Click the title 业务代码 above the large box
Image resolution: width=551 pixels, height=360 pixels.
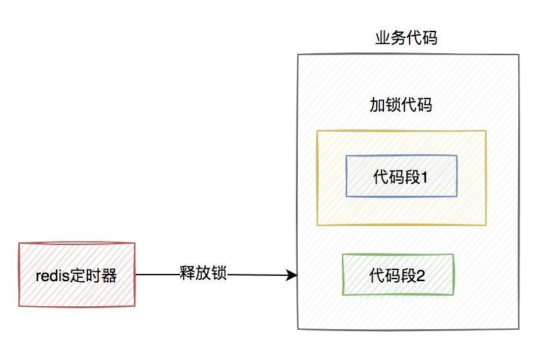[x=406, y=38]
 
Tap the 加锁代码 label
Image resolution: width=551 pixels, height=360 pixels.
[x=401, y=104]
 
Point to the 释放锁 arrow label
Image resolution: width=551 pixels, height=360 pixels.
[x=203, y=273]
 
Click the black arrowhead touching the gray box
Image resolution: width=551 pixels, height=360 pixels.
[x=291, y=275]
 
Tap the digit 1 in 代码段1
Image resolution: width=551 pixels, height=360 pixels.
[x=424, y=177]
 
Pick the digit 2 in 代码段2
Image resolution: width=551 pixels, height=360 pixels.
[x=421, y=276]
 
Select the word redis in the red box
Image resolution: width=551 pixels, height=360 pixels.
[x=53, y=276]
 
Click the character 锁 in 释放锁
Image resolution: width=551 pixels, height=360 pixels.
[x=219, y=273]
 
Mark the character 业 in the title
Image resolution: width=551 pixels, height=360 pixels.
[x=383, y=38]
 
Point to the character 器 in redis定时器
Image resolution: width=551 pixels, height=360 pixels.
[x=109, y=276]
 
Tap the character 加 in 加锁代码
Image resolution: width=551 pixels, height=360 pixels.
[x=377, y=104]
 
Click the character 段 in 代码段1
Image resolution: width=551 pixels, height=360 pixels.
[x=412, y=177]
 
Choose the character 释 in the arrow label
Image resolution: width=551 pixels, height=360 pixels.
[x=187, y=273]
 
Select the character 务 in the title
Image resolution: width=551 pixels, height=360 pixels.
[x=398, y=38]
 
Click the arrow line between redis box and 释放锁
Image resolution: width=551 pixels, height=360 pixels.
[x=157, y=275]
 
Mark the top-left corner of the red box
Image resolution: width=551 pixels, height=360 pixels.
[x=19, y=243]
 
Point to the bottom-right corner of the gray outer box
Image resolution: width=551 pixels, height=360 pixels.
[x=519, y=329]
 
